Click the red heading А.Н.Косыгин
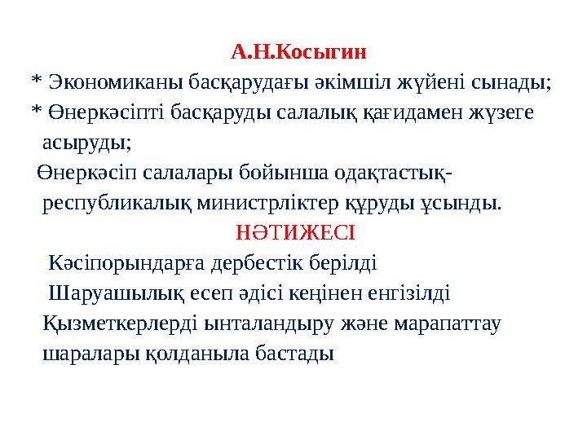298,53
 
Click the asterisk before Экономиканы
35,82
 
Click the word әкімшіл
355,82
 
